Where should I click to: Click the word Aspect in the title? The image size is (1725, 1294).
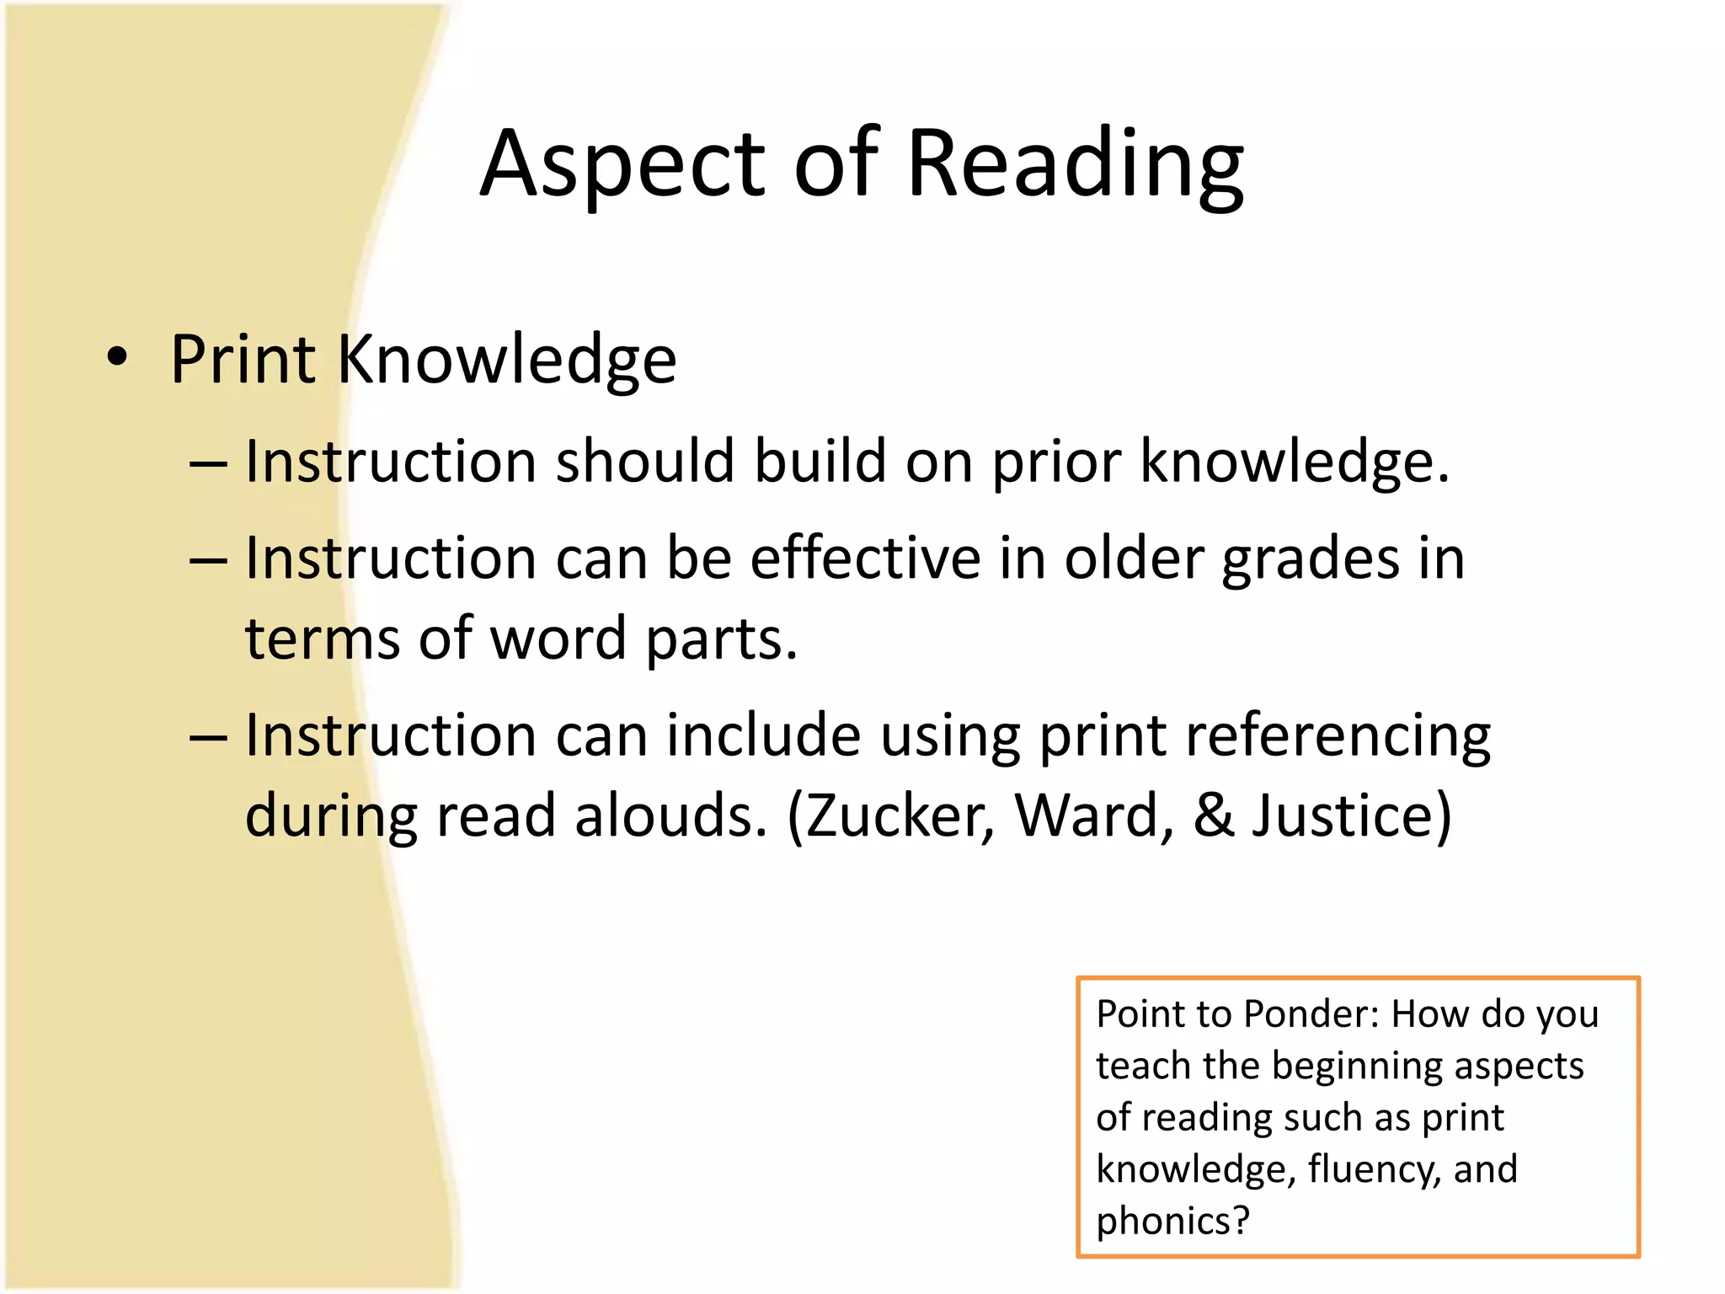coord(622,165)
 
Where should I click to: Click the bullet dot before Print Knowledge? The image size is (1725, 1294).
coord(118,357)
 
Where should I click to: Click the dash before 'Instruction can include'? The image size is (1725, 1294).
coord(208,737)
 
